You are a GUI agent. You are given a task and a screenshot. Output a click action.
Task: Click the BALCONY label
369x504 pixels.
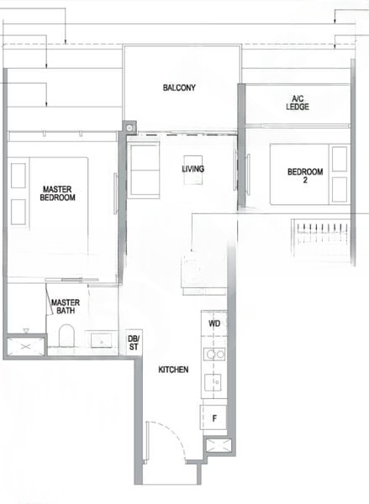click(179, 87)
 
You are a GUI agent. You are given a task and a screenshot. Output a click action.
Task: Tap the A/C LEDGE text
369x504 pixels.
click(298, 102)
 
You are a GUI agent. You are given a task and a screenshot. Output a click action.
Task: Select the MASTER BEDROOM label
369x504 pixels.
click(58, 193)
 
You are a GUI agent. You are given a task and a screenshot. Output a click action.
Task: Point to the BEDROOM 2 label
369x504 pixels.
click(304, 176)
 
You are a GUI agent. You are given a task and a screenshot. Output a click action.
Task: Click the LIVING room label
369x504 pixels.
click(192, 169)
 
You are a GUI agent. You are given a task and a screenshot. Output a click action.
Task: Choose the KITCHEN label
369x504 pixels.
click(173, 370)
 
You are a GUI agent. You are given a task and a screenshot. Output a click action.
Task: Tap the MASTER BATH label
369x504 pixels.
click(65, 307)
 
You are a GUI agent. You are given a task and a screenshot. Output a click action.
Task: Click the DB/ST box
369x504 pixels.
click(133, 340)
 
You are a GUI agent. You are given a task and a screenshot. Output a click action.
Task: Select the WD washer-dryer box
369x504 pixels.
click(214, 323)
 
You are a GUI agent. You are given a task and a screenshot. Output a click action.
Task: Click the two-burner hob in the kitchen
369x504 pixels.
click(214, 354)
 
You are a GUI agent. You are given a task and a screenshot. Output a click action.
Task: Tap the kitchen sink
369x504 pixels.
click(214, 382)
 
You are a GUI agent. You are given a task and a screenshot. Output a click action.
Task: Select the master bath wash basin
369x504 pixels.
click(103, 340)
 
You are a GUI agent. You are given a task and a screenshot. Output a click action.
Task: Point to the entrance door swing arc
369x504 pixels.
click(165, 438)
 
